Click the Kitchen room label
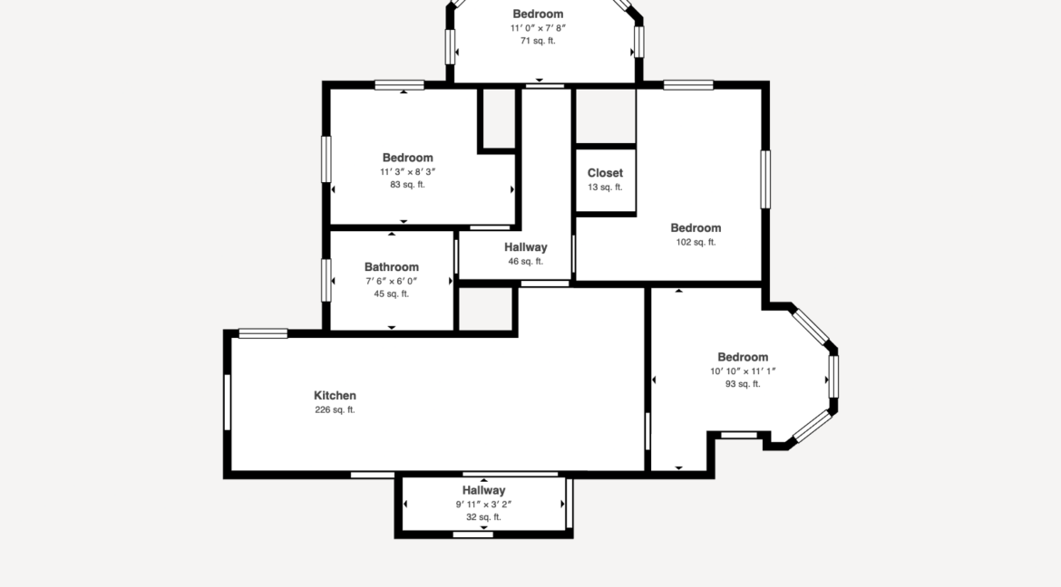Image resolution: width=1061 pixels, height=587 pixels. pos(335,396)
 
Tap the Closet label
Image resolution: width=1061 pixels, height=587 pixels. pos(605,173)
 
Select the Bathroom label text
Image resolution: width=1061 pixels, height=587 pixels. pos(392,267)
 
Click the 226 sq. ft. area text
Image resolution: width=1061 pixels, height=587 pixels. pos(335,410)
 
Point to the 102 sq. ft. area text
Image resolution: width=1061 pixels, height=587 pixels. pos(696,243)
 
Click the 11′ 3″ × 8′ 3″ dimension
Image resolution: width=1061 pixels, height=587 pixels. pos(407,171)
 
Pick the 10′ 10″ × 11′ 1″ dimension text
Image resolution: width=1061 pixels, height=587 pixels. pos(743,370)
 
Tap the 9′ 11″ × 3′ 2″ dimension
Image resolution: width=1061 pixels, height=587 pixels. pos(483,505)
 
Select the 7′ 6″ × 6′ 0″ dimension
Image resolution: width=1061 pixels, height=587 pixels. pos(392,281)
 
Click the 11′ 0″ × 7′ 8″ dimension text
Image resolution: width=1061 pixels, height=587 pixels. pos(538,28)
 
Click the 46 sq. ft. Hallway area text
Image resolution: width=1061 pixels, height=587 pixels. pos(526,262)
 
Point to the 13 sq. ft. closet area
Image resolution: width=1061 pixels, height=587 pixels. pos(605,188)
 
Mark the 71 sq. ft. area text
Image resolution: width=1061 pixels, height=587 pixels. pos(538,41)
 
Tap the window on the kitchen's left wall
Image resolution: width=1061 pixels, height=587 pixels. pos(227,402)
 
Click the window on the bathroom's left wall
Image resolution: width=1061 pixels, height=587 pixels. pos(326,280)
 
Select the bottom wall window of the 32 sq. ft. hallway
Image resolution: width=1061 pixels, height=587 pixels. pos(473,534)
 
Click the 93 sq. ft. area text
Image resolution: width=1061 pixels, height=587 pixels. pos(743,384)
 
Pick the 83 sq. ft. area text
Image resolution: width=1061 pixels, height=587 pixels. pos(407,185)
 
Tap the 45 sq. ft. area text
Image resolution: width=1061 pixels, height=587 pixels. pos(392,294)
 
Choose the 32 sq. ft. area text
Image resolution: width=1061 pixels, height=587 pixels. pos(483,517)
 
